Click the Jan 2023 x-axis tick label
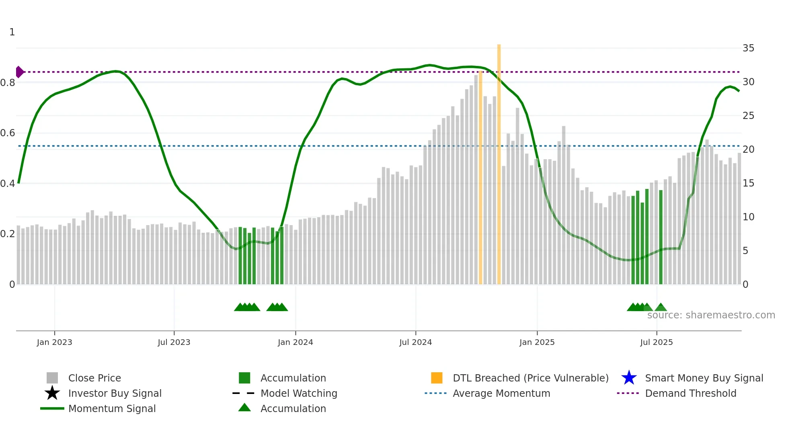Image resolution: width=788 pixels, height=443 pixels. pyautogui.click(x=54, y=342)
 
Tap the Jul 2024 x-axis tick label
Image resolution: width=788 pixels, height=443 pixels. pyautogui.click(x=415, y=342)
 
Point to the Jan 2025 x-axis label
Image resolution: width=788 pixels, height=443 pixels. pyautogui.click(x=537, y=342)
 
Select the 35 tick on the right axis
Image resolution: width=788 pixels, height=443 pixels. pyautogui.click(x=748, y=48)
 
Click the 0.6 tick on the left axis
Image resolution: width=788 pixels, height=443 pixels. pyautogui.click(x=8, y=133)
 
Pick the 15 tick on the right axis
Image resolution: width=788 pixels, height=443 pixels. pyautogui.click(x=748, y=183)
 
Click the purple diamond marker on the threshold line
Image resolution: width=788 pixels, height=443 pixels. pyautogui.click(x=19, y=72)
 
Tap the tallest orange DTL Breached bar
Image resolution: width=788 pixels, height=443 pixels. pyautogui.click(x=499, y=161)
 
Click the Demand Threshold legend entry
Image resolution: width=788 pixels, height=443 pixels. pyautogui.click(x=690, y=393)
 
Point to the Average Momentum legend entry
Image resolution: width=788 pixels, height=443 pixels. pyautogui.click(x=501, y=393)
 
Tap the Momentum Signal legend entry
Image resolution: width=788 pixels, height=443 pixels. pyautogui.click(x=112, y=408)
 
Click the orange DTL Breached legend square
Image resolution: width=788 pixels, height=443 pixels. pyautogui.click(x=437, y=378)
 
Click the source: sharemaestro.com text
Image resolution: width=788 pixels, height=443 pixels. pyautogui.click(x=711, y=315)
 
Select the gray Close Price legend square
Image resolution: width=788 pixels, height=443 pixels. pyautogui.click(x=52, y=378)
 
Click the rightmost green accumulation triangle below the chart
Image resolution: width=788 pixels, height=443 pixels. pyautogui.click(x=661, y=308)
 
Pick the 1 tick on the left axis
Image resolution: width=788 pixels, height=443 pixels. pyautogui.click(x=12, y=32)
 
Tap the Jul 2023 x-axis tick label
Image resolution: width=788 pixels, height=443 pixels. pyautogui.click(x=174, y=342)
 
